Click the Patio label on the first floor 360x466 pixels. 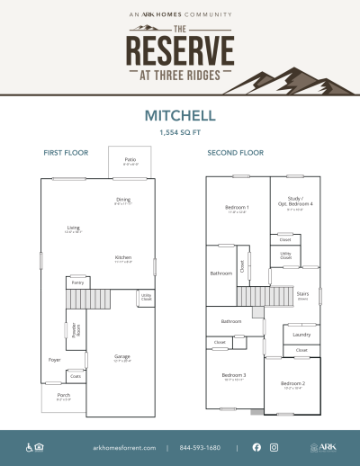click(x=130, y=161)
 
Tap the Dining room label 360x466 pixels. click(x=123, y=200)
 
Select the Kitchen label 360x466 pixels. click(x=123, y=257)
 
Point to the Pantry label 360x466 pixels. click(x=78, y=282)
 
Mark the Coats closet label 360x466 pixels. click(x=76, y=376)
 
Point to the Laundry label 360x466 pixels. click(x=301, y=334)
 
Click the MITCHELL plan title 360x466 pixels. click(x=180, y=116)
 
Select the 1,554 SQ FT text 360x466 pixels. click(x=180, y=132)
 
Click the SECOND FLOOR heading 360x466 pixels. click(x=235, y=153)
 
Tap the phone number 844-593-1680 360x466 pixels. click(x=200, y=447)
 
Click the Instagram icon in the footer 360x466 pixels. click(x=274, y=447)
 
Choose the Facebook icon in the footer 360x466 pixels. click(x=256, y=447)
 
